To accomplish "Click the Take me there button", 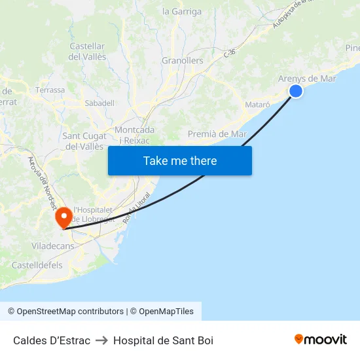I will (180, 160).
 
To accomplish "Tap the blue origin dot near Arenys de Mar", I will (296, 91).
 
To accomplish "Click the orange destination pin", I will (64, 217).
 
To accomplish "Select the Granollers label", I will (182, 61).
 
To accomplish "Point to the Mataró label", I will (257, 104).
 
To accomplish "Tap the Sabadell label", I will (99, 103).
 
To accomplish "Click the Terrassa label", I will (50, 90).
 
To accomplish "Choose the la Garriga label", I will (182, 11).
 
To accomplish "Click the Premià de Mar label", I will (217, 134).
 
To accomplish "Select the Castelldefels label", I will (37, 265).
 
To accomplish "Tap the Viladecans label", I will (52, 246).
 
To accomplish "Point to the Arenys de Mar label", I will (307, 79).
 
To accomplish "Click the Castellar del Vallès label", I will (87, 52).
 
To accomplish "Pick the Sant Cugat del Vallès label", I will (84, 141).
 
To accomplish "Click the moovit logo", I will (321, 340).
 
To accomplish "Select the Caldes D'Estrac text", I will (52, 340).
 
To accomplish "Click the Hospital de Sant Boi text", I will (163, 340).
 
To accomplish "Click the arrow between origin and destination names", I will (101, 340).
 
